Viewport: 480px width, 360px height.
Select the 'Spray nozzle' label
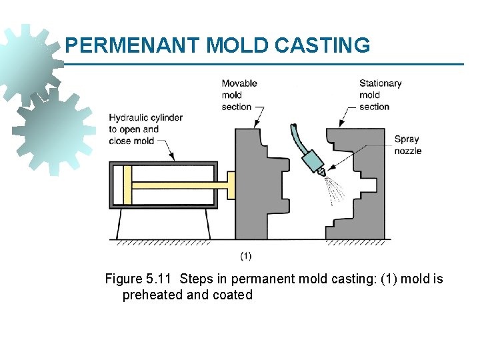coord(407,145)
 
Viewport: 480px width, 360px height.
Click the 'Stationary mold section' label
coord(380,95)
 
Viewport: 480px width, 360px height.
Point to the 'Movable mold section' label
coord(239,95)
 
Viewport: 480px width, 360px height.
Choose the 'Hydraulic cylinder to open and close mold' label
coord(145,129)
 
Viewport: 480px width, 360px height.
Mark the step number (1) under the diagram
coord(245,255)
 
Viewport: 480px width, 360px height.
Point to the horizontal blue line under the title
coord(267,65)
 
